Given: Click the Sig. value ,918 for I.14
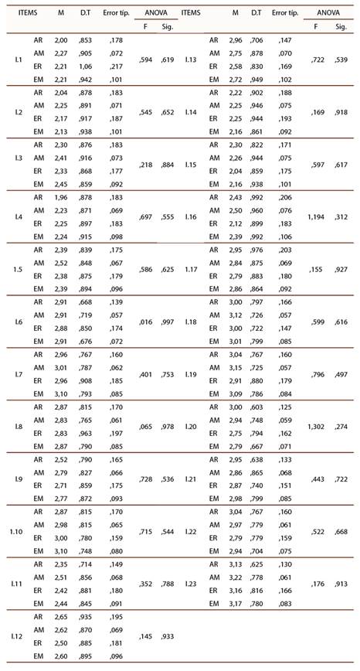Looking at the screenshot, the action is click(341, 113).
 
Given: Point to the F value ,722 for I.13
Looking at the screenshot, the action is click(315, 60).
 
